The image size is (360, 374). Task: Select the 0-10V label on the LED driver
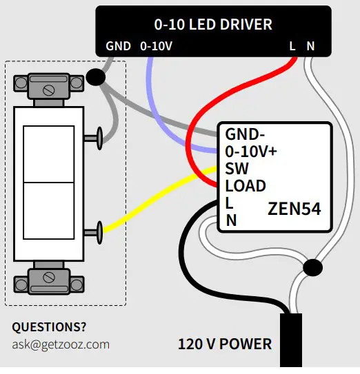coord(157,47)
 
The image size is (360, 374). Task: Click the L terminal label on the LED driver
coord(293,47)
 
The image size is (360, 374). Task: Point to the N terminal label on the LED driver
coord(310,47)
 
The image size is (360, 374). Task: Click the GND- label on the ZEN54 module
coord(245,134)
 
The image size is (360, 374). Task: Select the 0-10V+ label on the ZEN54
coord(251,151)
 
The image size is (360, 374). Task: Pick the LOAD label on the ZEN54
coord(245,186)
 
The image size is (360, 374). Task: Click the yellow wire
coord(159,203)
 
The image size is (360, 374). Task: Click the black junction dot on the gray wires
coord(97,78)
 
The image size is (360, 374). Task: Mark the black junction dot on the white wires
coord(312,267)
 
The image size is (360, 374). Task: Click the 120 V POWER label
coord(225,344)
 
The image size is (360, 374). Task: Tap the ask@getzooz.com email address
coord(61,344)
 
